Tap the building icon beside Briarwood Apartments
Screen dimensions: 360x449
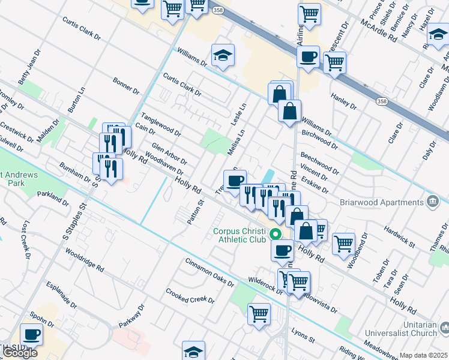(431, 201)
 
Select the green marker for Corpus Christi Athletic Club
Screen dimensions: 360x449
(276, 233)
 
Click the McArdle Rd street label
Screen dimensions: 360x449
(379, 29)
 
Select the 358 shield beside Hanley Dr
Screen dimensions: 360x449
(382, 102)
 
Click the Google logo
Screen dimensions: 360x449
(19, 353)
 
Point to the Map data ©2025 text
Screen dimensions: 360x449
(423, 355)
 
